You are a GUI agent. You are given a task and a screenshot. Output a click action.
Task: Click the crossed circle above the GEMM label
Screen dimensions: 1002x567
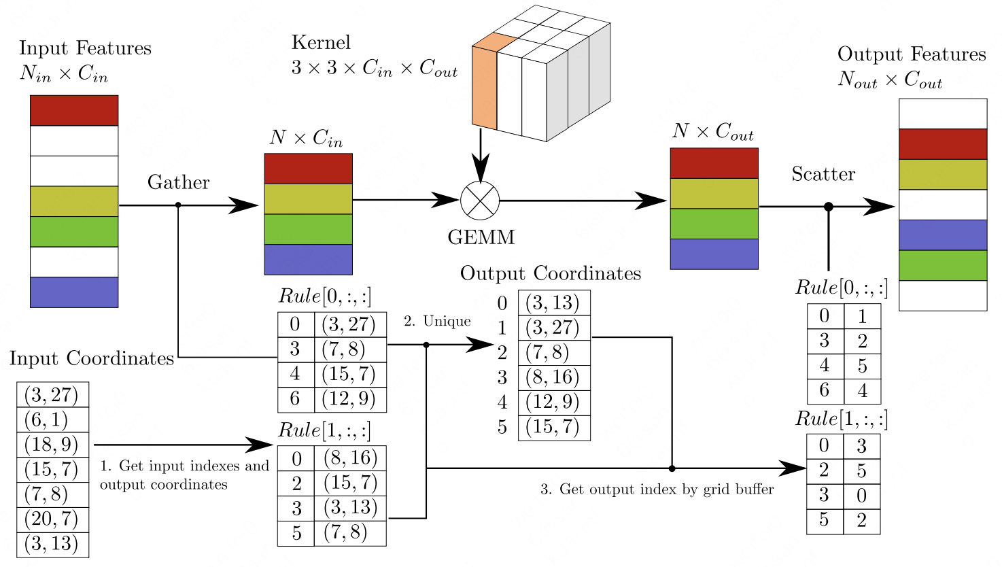point(480,201)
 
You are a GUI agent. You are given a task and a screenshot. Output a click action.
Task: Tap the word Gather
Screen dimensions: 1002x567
point(179,183)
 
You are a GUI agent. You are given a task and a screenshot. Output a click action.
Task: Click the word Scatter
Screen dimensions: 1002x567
point(823,173)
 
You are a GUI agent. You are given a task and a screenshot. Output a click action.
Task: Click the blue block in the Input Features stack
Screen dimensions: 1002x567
point(74,292)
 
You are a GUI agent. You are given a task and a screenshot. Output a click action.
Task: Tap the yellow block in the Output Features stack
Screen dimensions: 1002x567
point(943,175)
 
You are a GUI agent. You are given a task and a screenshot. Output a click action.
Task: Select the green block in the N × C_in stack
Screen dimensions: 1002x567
point(308,229)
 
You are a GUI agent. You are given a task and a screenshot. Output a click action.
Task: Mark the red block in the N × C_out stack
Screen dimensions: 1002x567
point(714,163)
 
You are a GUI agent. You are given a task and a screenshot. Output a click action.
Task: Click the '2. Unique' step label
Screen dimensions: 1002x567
point(437,321)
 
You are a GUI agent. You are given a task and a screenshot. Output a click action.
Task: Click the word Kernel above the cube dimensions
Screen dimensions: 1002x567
point(321,43)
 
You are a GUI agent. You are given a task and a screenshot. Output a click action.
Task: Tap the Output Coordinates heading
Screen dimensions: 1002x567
point(551,273)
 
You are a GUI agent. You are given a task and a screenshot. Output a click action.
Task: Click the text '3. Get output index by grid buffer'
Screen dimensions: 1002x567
point(657,489)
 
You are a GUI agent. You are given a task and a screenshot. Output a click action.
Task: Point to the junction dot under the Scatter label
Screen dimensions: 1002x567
point(829,207)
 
